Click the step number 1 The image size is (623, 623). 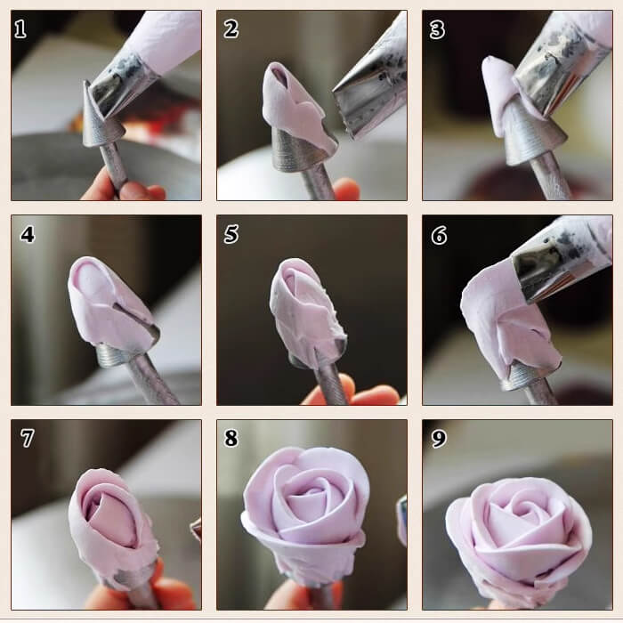20,29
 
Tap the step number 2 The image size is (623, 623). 231,29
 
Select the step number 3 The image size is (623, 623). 437,29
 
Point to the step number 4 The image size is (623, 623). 28,234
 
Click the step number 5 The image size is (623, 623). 231,234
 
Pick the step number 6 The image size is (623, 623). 439,235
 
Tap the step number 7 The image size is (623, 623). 27,438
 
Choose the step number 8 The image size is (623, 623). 231,438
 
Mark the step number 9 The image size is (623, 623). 439,438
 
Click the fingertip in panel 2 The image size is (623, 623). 346,189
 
